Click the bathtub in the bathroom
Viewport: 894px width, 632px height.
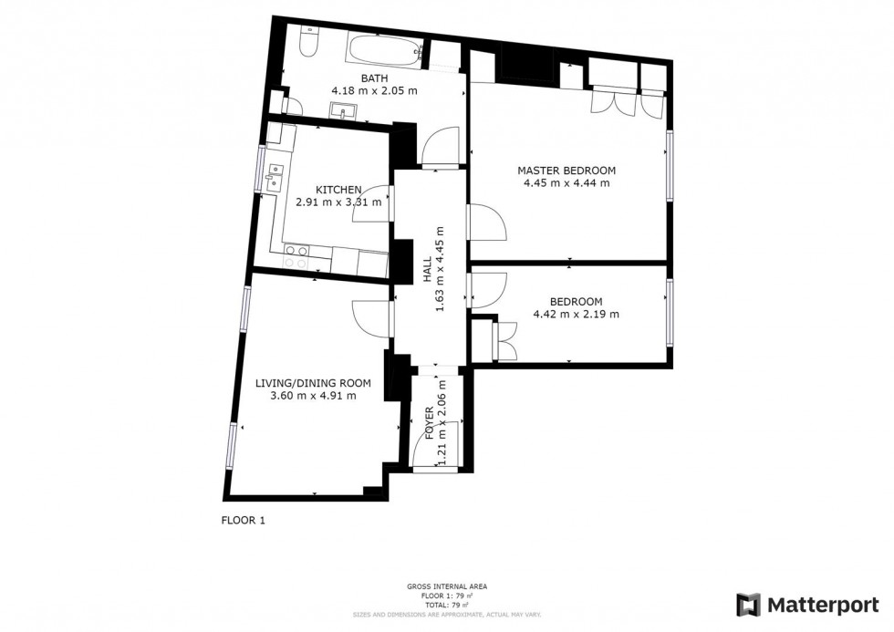tap(384, 49)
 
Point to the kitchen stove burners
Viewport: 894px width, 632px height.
tap(296, 257)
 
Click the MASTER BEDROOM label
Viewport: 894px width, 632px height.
tap(567, 171)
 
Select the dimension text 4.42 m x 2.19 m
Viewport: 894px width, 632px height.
tap(576, 315)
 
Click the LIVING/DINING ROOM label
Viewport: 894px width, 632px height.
tap(313, 383)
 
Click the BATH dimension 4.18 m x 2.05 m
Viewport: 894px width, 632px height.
tap(374, 90)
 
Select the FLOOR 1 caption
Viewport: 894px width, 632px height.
tap(243, 520)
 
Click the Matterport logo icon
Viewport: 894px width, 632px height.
tap(749, 605)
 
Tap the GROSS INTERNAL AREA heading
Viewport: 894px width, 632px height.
tap(446, 586)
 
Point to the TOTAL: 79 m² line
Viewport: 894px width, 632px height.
tap(446, 605)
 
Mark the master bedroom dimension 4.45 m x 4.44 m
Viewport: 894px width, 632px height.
tap(567, 183)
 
